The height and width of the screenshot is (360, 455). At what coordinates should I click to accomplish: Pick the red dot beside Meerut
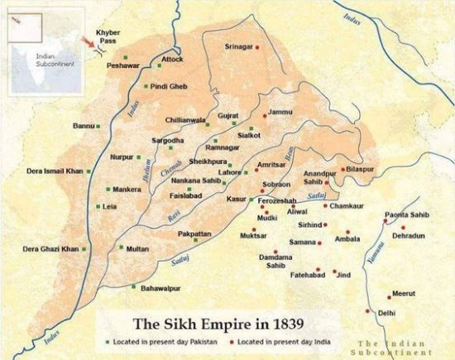[x=389, y=295]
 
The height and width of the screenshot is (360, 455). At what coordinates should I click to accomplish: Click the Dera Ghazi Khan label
[x=50, y=248]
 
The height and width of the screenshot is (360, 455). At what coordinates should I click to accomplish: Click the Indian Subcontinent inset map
[x=40, y=41]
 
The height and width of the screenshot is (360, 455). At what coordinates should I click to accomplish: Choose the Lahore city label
[x=230, y=172]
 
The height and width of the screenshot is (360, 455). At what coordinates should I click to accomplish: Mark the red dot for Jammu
[x=265, y=113]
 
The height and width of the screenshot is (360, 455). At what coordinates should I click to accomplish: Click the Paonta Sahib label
[x=405, y=215]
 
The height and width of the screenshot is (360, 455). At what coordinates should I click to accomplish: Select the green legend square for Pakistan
[x=105, y=341]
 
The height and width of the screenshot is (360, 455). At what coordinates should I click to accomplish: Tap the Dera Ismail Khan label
[x=55, y=170]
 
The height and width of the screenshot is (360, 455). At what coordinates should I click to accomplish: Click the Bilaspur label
[x=362, y=168]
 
